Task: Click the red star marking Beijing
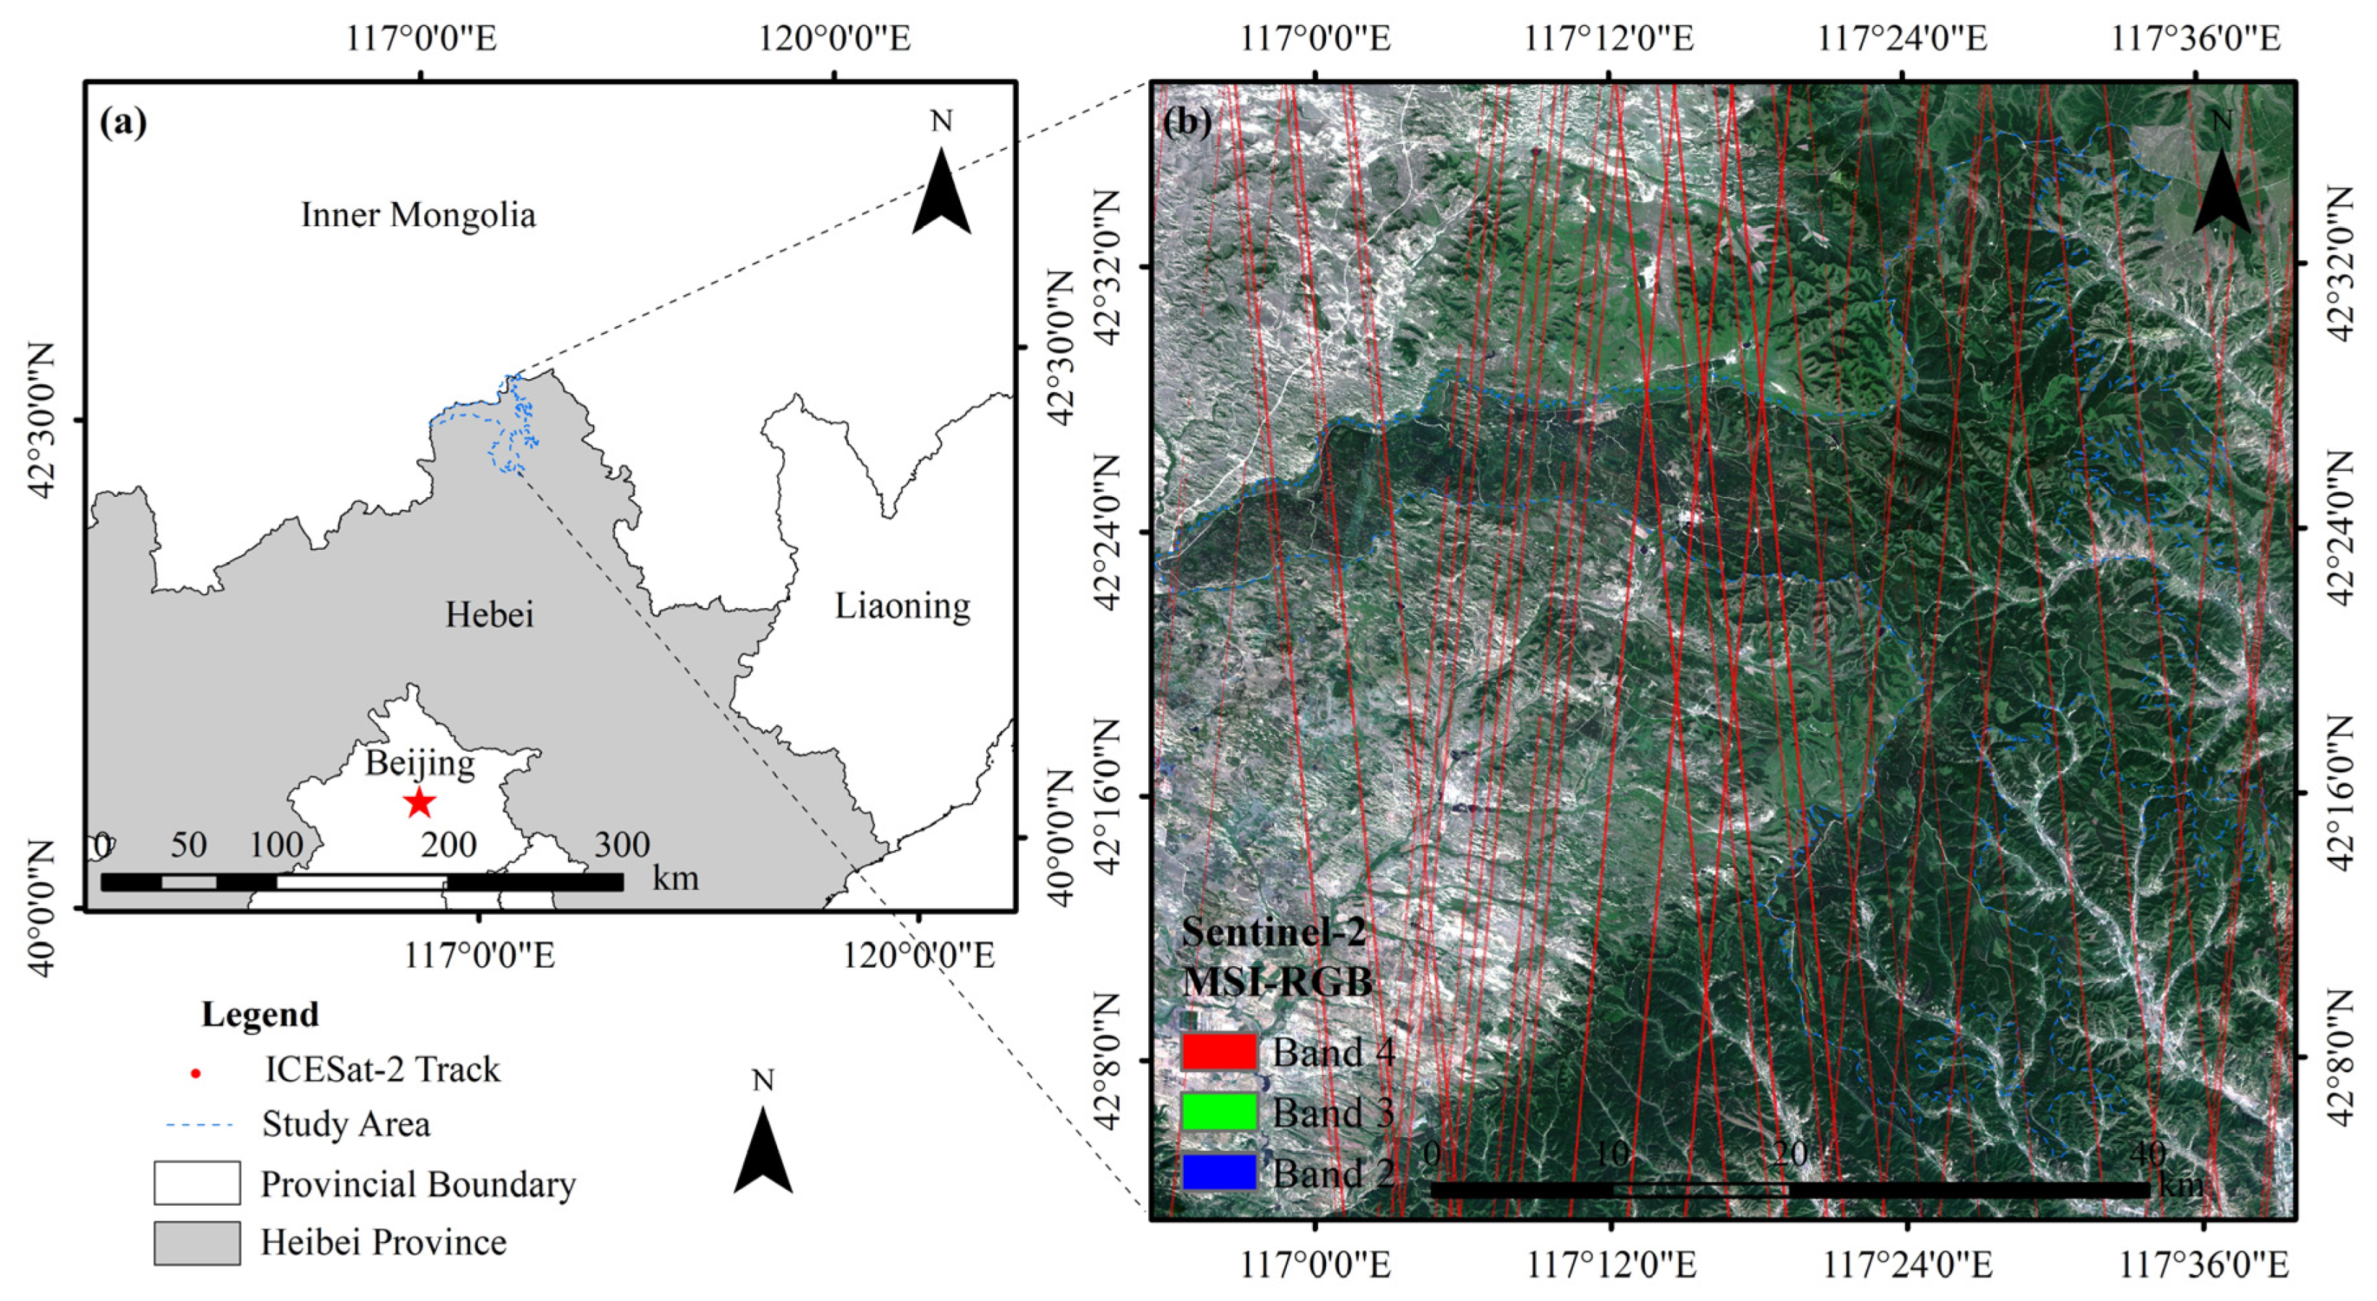coord(420,802)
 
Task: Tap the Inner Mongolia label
coord(418,215)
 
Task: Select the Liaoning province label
coord(903,607)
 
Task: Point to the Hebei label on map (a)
coord(489,615)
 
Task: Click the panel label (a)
coord(123,122)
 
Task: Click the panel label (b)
coord(1187,121)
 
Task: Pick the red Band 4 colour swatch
coord(1219,1052)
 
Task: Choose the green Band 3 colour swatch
coord(1219,1112)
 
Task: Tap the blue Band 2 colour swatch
coord(1219,1172)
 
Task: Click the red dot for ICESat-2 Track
coord(195,1073)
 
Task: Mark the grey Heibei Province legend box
coord(197,1243)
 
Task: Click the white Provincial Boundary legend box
coord(197,1183)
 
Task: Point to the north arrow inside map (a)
coord(941,189)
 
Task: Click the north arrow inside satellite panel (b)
coord(2221,189)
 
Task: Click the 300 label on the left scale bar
coord(622,844)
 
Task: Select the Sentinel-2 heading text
coord(1273,932)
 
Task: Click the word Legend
coord(260,1014)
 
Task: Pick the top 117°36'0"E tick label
coord(2195,38)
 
